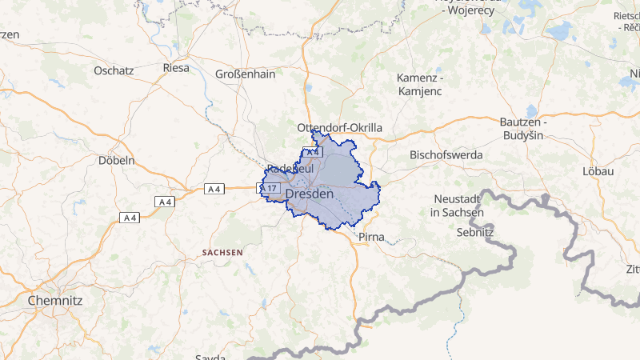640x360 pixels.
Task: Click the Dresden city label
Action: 309,194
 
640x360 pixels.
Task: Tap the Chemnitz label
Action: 55,301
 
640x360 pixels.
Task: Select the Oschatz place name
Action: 113,70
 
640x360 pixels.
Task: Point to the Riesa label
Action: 176,68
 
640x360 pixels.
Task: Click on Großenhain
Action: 245,74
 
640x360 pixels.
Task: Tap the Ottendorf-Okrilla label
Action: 339,127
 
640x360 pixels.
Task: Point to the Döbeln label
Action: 116,160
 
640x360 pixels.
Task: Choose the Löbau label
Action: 597,171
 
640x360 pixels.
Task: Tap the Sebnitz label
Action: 475,233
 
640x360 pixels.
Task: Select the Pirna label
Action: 371,238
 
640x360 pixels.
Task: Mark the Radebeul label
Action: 290,169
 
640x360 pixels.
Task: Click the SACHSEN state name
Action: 222,252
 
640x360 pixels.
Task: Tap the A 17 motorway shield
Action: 268,188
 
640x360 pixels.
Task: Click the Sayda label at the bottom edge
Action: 210,355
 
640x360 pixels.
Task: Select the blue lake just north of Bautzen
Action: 532,110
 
